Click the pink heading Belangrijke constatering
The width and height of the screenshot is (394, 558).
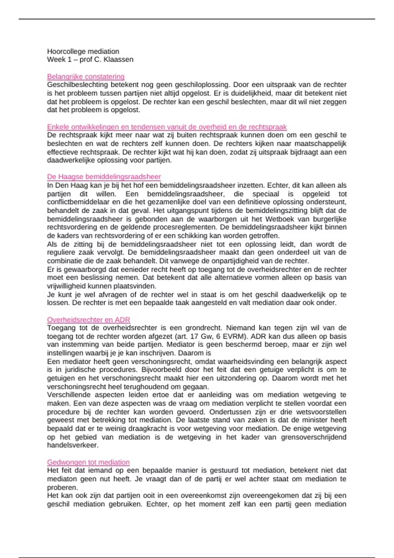[x=86, y=77]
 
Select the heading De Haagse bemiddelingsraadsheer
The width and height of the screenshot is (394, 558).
[x=104, y=177]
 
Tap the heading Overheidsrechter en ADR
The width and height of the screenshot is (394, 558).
[x=88, y=320]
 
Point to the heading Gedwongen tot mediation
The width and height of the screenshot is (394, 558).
[x=88, y=462]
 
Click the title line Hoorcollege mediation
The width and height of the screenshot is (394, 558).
[x=83, y=52]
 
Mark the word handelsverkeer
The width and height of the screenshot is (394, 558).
[x=73, y=445]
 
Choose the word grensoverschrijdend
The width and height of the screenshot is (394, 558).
[x=314, y=437]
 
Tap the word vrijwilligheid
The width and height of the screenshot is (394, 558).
[x=67, y=286]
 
